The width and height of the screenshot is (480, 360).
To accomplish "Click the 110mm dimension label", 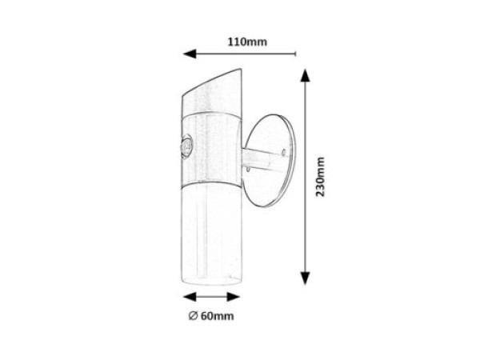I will tap(246, 42).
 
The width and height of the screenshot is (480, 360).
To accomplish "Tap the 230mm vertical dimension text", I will tap(321, 177).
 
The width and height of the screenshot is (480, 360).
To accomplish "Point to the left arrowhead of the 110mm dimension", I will tap(190, 55).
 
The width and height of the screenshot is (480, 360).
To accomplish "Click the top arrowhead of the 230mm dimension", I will tap(304, 74).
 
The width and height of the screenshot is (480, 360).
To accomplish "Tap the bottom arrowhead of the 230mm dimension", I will tap(304, 279).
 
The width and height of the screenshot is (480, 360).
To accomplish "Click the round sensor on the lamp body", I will tap(188, 147).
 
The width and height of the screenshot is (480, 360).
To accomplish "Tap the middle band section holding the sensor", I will tap(210, 148).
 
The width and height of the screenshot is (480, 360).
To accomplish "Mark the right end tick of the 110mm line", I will tap(295, 55).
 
